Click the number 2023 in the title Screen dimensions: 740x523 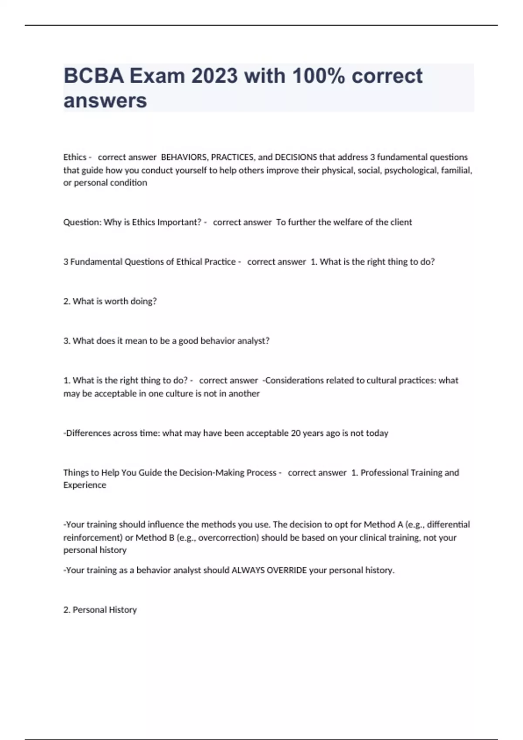pos(214,76)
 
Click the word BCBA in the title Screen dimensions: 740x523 pos(94,76)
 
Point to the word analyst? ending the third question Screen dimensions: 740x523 pos(253,341)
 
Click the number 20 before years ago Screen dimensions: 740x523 pos(295,433)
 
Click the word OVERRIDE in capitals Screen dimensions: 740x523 pos(286,570)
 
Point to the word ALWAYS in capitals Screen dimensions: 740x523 pos(248,570)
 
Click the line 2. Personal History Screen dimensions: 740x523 pos(100,610)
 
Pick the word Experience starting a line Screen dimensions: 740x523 pos(85,485)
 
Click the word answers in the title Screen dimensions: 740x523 pos(105,101)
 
